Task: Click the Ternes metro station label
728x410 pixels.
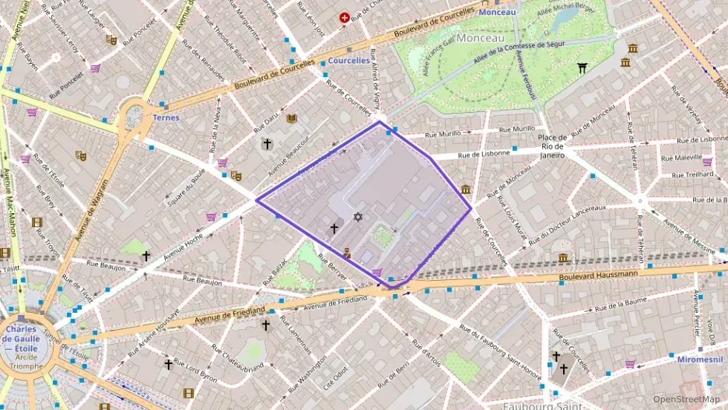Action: pyautogui.click(x=166, y=117)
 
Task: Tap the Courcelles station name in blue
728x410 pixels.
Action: pyautogui.click(x=348, y=60)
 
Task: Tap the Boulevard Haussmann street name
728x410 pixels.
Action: pyautogui.click(x=598, y=274)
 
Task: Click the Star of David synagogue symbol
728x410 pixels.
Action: pyautogui.click(x=358, y=217)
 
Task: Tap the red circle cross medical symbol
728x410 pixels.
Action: pyautogui.click(x=343, y=17)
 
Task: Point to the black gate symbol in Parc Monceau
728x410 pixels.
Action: pyautogui.click(x=583, y=68)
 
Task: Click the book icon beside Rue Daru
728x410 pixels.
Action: pyautogui.click(x=292, y=118)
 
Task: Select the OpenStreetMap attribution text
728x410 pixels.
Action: pyautogui.click(x=686, y=399)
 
